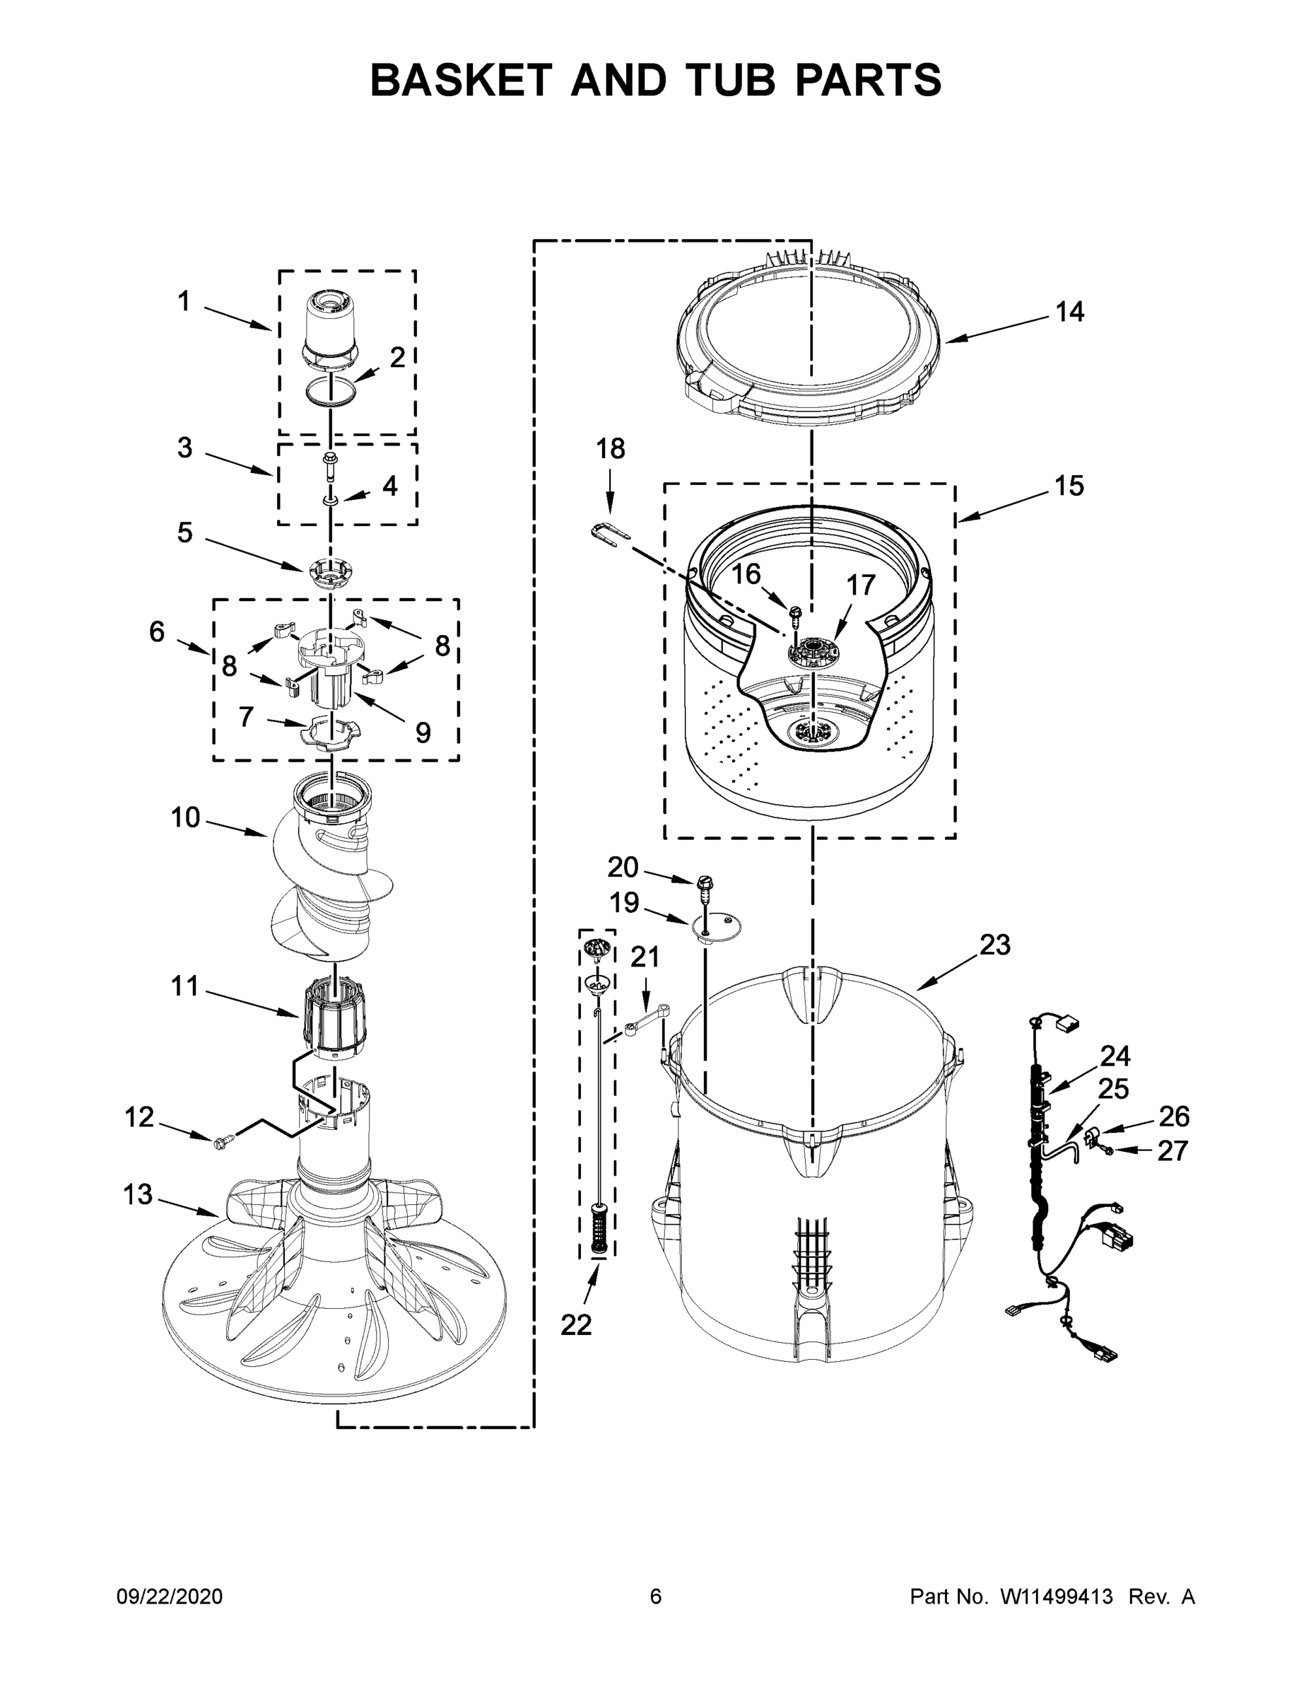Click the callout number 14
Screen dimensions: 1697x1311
pos(1069,313)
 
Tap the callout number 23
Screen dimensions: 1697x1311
pos(994,945)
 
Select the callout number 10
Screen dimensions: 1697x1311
pos(186,817)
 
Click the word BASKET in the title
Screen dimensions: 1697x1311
pos(462,80)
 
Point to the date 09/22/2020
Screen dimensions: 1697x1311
pos(170,1597)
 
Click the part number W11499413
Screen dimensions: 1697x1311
pos(1057,1597)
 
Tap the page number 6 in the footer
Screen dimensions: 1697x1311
pos(656,1597)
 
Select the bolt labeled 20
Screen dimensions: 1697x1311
pos(705,887)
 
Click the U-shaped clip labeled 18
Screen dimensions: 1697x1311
pos(610,535)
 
